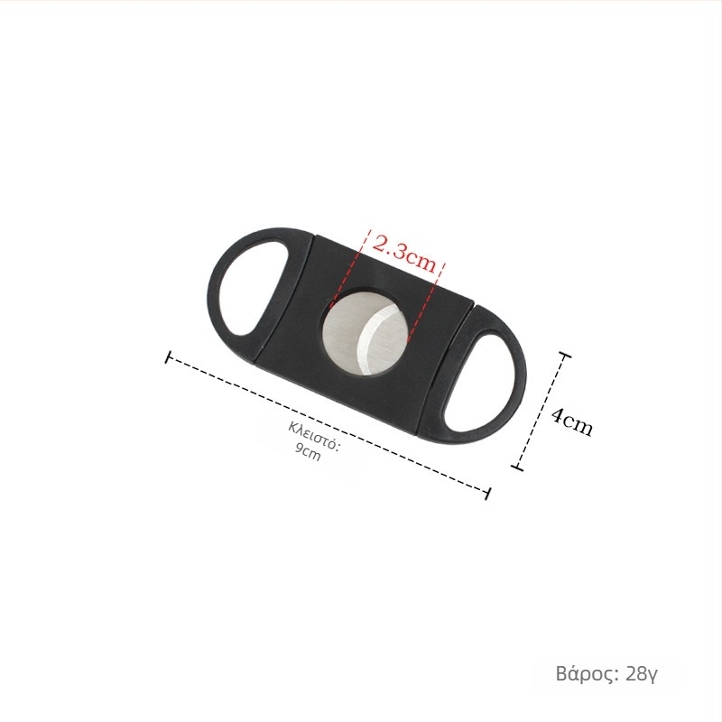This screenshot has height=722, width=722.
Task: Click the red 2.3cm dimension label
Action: (x=403, y=255)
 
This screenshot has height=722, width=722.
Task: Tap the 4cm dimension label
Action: (x=571, y=421)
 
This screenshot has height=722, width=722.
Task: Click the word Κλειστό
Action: (x=314, y=436)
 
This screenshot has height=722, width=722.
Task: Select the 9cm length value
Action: (x=308, y=453)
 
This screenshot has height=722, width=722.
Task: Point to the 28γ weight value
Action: (x=642, y=674)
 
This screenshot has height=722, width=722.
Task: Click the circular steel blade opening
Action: (x=365, y=332)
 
